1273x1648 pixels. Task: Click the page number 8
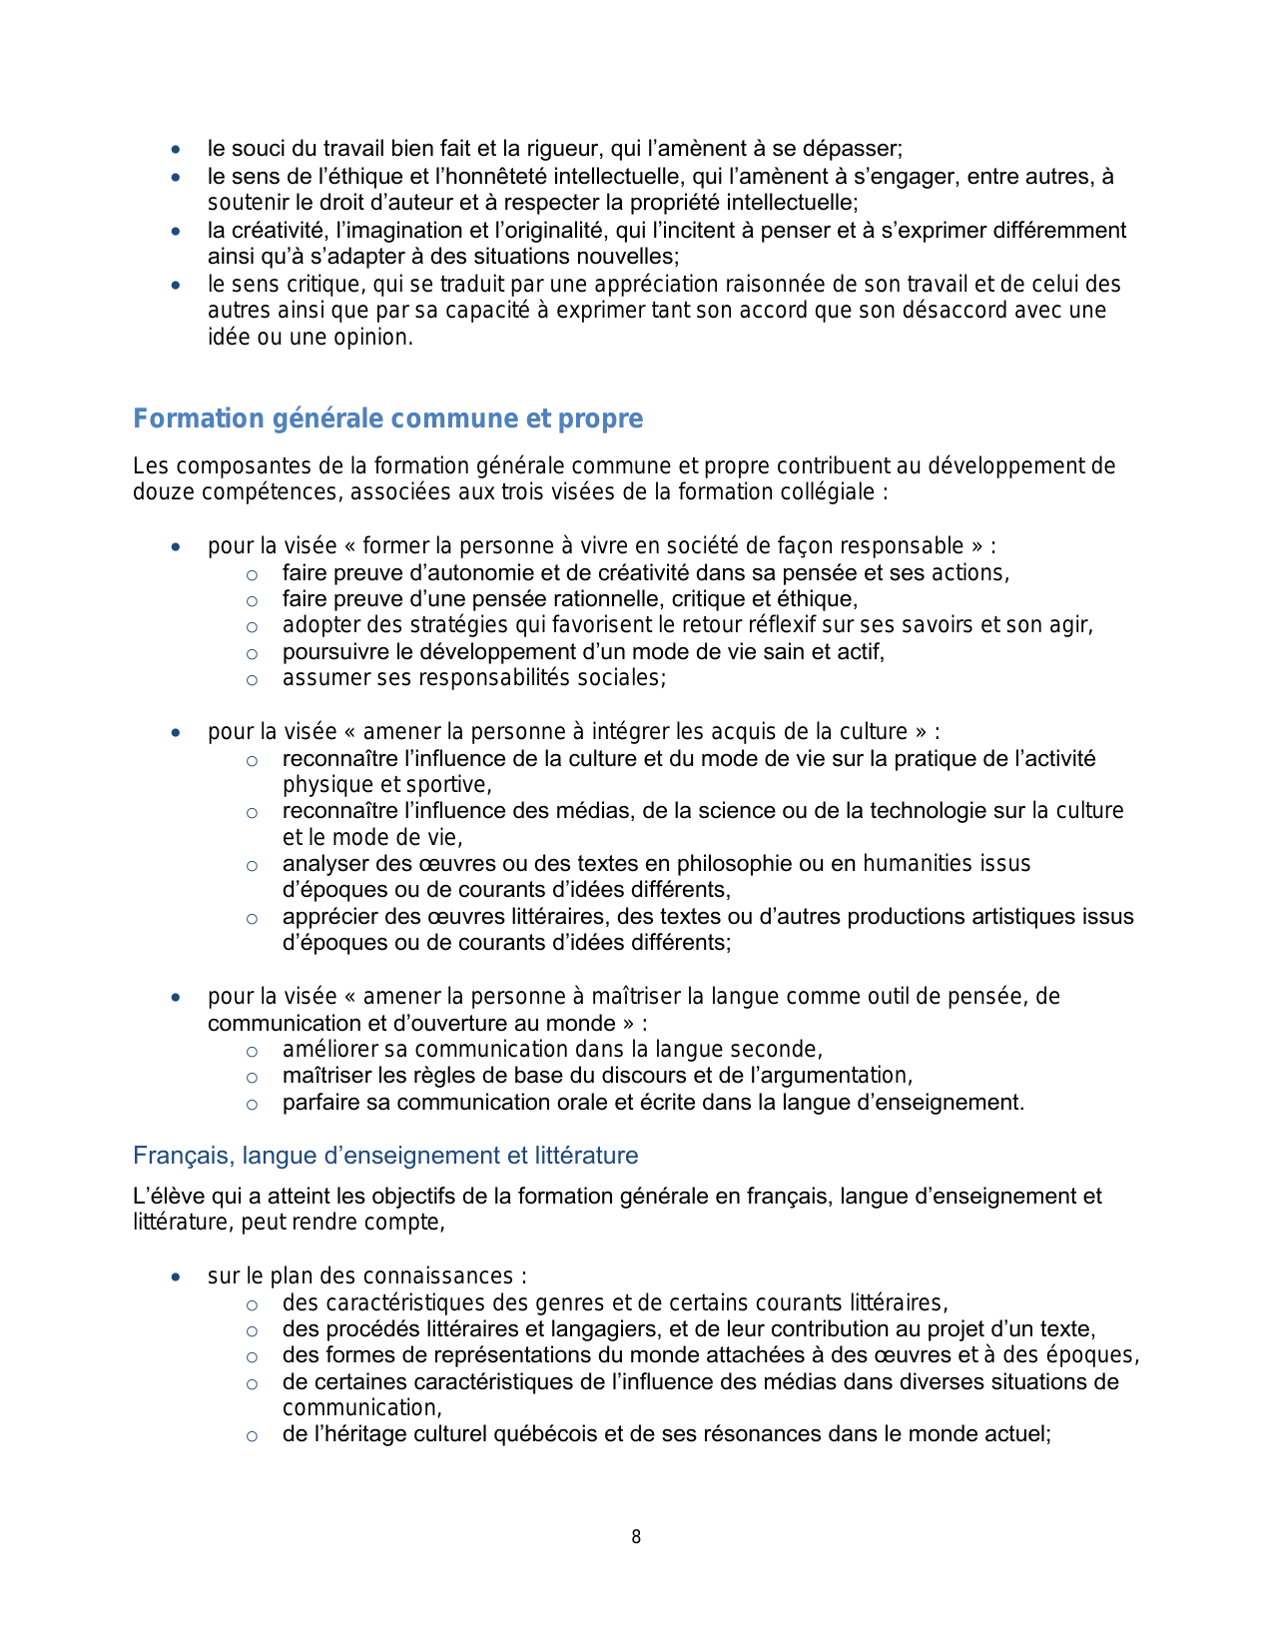(x=636, y=1537)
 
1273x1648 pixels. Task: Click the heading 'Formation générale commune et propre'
(x=387, y=418)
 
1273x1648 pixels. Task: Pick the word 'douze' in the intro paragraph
(x=159, y=492)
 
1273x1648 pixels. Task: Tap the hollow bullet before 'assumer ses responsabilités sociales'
(x=252, y=680)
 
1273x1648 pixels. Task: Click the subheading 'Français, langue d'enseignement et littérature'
(x=385, y=1156)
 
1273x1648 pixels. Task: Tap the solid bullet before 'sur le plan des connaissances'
(x=176, y=1277)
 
